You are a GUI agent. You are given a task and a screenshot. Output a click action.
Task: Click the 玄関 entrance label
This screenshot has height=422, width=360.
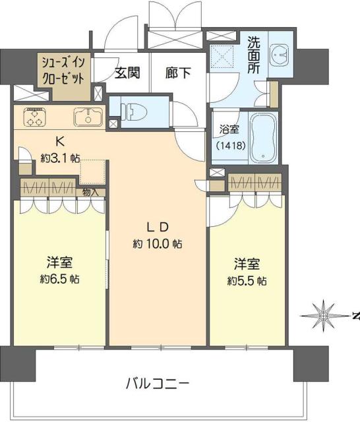[x=127, y=73]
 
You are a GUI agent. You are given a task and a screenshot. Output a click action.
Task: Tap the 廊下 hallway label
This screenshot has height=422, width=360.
[x=178, y=73]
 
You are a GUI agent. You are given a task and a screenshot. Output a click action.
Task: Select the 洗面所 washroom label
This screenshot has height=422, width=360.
[x=254, y=53]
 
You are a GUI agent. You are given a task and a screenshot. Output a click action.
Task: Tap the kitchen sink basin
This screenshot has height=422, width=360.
[x=86, y=117]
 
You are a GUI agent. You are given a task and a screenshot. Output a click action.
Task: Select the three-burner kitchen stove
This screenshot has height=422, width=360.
[x=34, y=117]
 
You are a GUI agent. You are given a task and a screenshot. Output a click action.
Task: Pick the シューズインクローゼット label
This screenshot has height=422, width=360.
[x=63, y=69]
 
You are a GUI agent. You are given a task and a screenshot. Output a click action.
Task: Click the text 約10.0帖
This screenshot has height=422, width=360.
[x=158, y=244]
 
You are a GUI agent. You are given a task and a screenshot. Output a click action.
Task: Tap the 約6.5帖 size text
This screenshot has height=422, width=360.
[x=60, y=279]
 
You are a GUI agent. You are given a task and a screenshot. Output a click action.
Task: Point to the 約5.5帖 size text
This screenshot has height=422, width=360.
[x=247, y=281]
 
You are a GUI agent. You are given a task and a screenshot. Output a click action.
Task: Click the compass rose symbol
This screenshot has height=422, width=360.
[x=324, y=315]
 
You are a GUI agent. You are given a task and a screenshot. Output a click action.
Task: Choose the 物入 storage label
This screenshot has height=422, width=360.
[x=90, y=193]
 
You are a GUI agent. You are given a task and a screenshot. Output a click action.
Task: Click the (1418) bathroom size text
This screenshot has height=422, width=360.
[x=231, y=145]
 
